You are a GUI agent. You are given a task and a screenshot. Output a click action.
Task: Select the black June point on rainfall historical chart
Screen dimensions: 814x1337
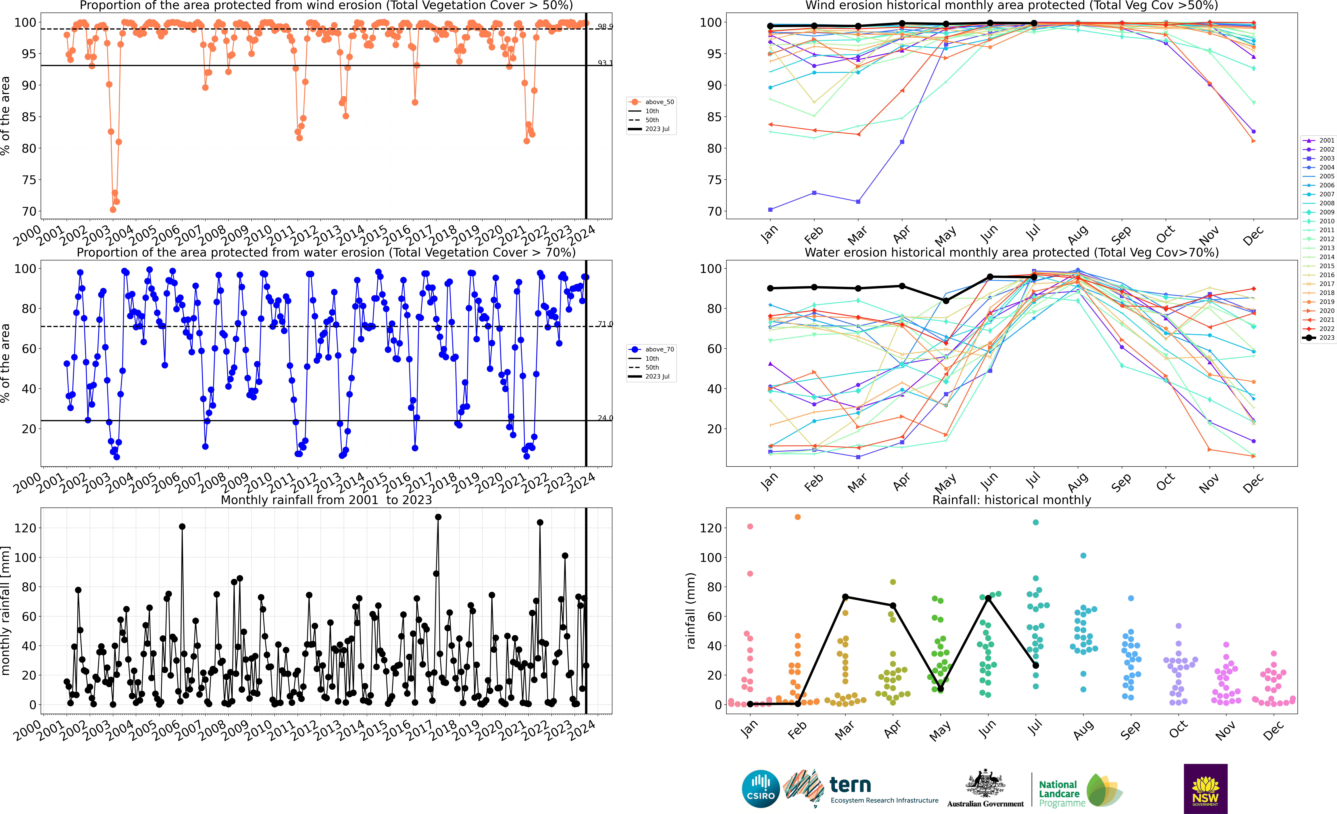[988, 598]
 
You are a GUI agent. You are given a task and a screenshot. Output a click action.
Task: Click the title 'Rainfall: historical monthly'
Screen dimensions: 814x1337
[1011, 500]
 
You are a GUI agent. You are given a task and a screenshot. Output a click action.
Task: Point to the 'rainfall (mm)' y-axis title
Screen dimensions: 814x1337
[691, 611]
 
